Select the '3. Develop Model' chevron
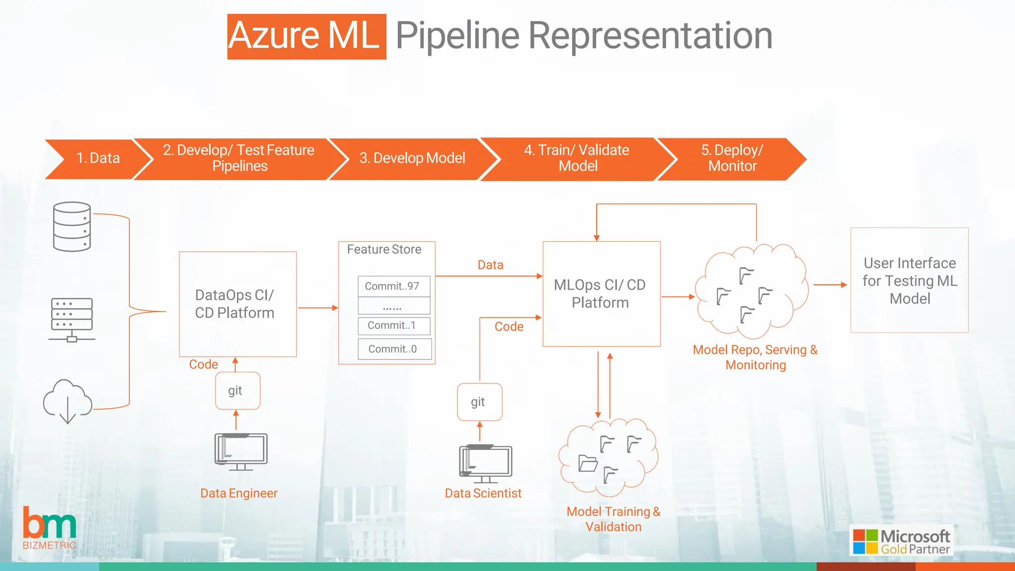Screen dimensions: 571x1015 (x=412, y=158)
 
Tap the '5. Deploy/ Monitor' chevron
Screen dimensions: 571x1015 (x=732, y=158)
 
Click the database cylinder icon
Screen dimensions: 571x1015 (x=72, y=227)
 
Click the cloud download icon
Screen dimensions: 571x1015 (x=68, y=400)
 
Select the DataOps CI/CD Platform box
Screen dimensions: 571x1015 (x=237, y=304)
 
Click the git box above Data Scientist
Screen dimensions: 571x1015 (x=479, y=402)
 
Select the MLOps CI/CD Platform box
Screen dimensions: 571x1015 (x=601, y=293)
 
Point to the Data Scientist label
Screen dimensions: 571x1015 (x=483, y=493)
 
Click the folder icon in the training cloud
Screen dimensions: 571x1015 (x=588, y=463)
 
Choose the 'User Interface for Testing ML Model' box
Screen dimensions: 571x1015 (x=909, y=280)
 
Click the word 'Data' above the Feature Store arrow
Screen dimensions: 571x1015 (x=490, y=265)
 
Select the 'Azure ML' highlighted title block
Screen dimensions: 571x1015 (x=306, y=37)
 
